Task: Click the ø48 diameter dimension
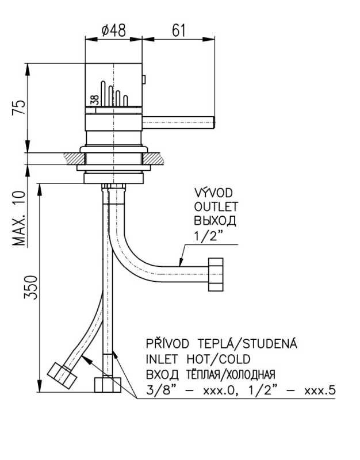114,30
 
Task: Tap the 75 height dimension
19,108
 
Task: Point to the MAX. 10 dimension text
20,218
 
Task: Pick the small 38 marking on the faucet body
94,99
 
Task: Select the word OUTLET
216,206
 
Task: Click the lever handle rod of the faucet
178,120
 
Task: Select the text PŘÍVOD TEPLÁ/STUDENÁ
221,345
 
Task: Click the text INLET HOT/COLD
198,360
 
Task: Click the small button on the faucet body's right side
145,78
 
